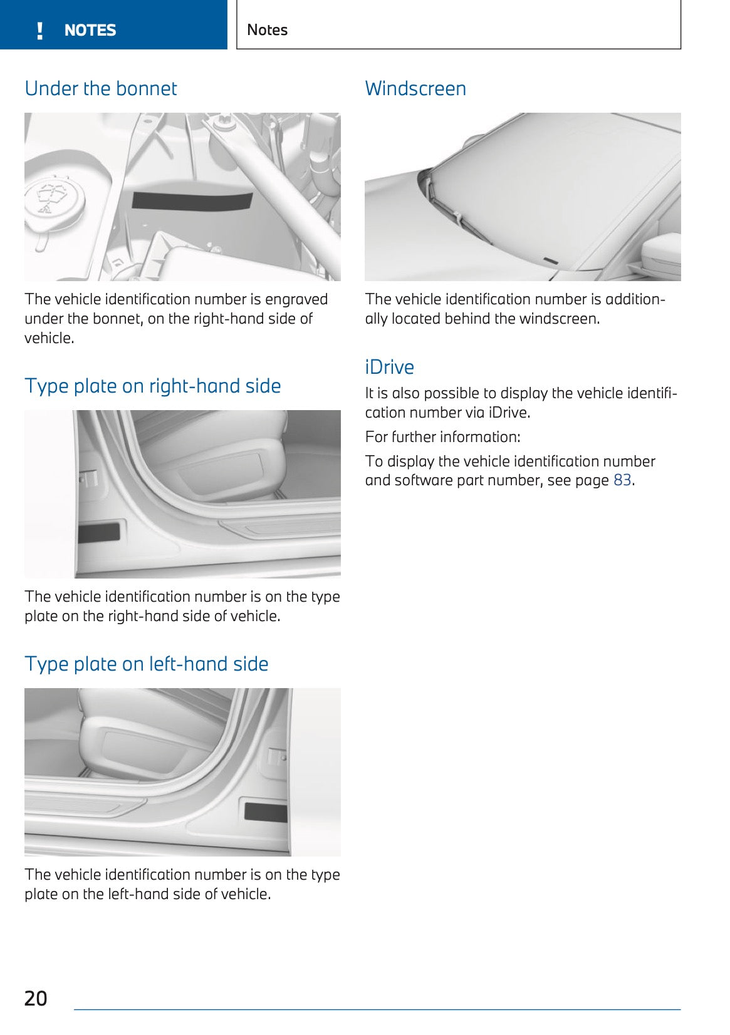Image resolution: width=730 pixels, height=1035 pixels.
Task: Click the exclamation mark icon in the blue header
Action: (40, 30)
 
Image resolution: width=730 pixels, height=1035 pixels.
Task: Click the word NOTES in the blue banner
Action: (90, 30)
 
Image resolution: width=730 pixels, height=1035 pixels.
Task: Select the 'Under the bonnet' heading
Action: (101, 88)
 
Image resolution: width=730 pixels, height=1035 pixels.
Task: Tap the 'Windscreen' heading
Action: (415, 88)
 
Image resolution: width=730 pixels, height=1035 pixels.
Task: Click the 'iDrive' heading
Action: (389, 366)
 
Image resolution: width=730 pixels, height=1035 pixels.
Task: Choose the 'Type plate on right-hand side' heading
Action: (152, 386)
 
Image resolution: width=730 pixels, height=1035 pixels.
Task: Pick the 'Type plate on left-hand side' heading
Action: (146, 664)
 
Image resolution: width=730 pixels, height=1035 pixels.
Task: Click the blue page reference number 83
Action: (622, 480)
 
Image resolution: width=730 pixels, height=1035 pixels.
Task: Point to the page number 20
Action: (36, 998)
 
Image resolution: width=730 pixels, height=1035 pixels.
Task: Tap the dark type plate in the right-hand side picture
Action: (98, 533)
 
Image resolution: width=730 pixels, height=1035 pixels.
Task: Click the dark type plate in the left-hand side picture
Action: (265, 811)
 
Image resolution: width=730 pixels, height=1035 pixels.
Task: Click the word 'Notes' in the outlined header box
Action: (267, 29)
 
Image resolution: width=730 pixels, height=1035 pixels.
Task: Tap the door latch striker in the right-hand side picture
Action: (88, 479)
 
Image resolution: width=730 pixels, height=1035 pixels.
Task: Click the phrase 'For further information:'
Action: (442, 436)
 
